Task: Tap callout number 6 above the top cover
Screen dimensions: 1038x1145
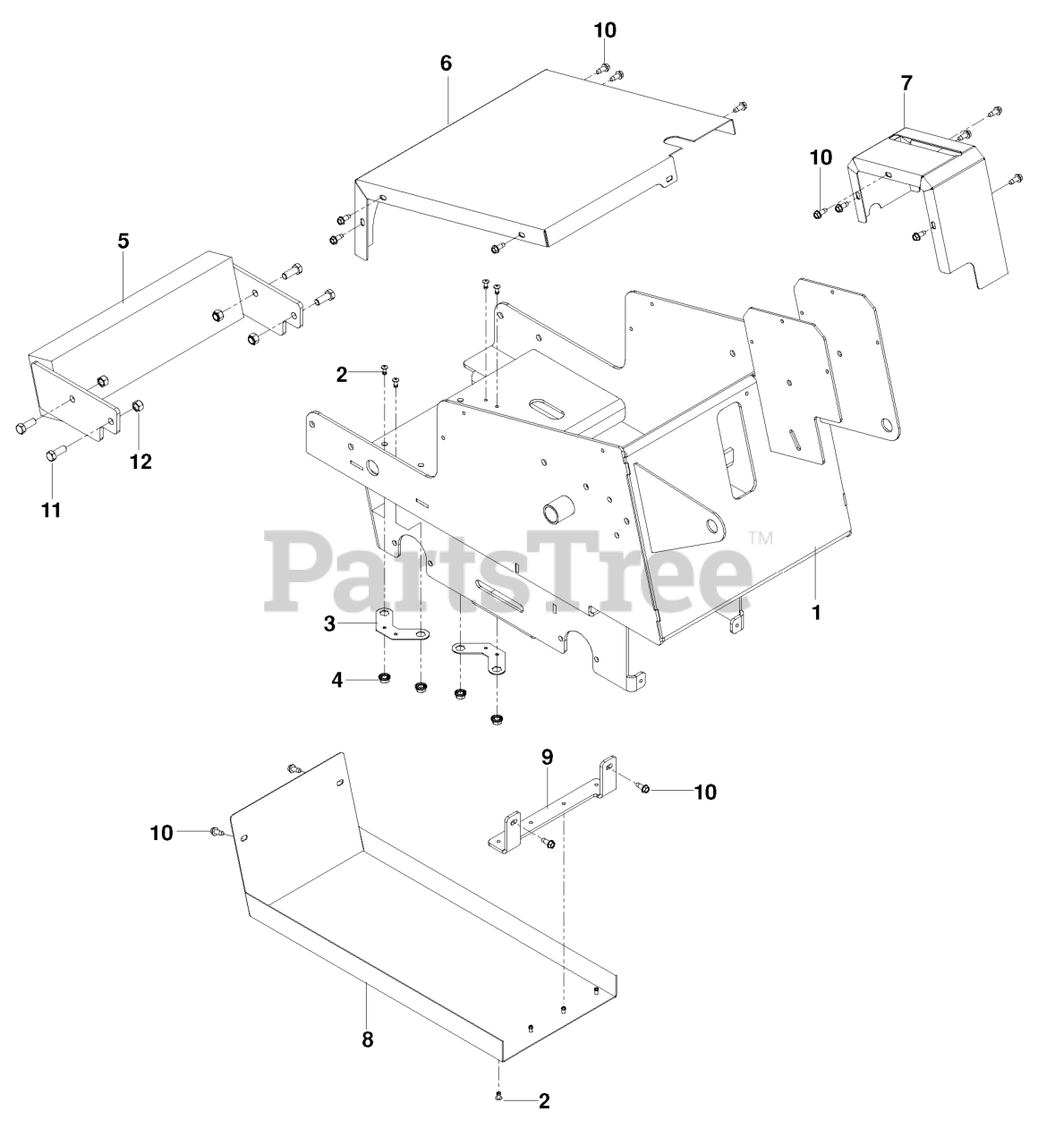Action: coord(447,64)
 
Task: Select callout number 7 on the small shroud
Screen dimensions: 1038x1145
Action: coord(906,84)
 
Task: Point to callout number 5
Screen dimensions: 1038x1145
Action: coord(123,241)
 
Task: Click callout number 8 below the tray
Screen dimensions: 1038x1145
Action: coord(367,1039)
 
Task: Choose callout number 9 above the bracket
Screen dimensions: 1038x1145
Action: coord(547,756)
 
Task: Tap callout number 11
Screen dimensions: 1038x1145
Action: coord(52,510)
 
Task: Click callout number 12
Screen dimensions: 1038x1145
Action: coord(140,462)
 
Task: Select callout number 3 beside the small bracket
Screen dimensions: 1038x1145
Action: coord(330,624)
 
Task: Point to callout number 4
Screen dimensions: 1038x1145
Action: coord(337,680)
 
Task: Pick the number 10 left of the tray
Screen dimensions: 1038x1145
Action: coord(161,833)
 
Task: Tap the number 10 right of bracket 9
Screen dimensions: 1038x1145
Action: coord(705,792)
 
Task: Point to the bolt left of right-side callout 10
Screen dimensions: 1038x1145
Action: coord(642,787)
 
